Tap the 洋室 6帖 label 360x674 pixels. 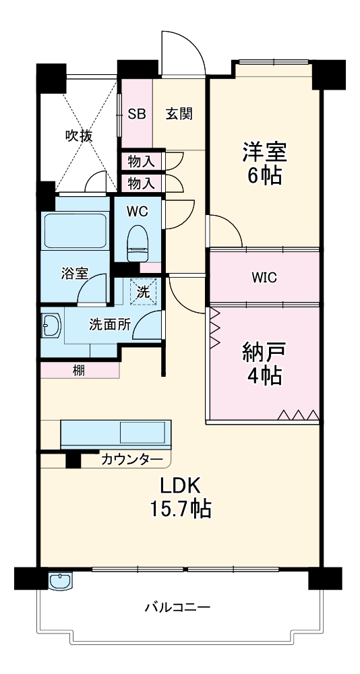coord(264,164)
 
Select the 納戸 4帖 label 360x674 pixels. coord(264,364)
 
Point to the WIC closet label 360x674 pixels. coord(264,277)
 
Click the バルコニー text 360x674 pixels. coord(177,607)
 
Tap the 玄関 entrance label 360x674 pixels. coord(179,114)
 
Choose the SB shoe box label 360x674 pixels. coord(137,114)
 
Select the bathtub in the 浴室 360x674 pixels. coord(75,231)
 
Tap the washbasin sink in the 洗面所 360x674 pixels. coord(51,327)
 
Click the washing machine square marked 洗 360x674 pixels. coord(143,292)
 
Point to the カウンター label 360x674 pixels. coord(132,460)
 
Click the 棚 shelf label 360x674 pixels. coord(79,370)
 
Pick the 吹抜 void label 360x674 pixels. coord(78,135)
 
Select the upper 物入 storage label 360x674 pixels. coord(142,161)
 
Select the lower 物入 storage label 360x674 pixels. coord(142,183)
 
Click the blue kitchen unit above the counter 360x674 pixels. coord(116,434)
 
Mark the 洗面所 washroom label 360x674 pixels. coord(110,324)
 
